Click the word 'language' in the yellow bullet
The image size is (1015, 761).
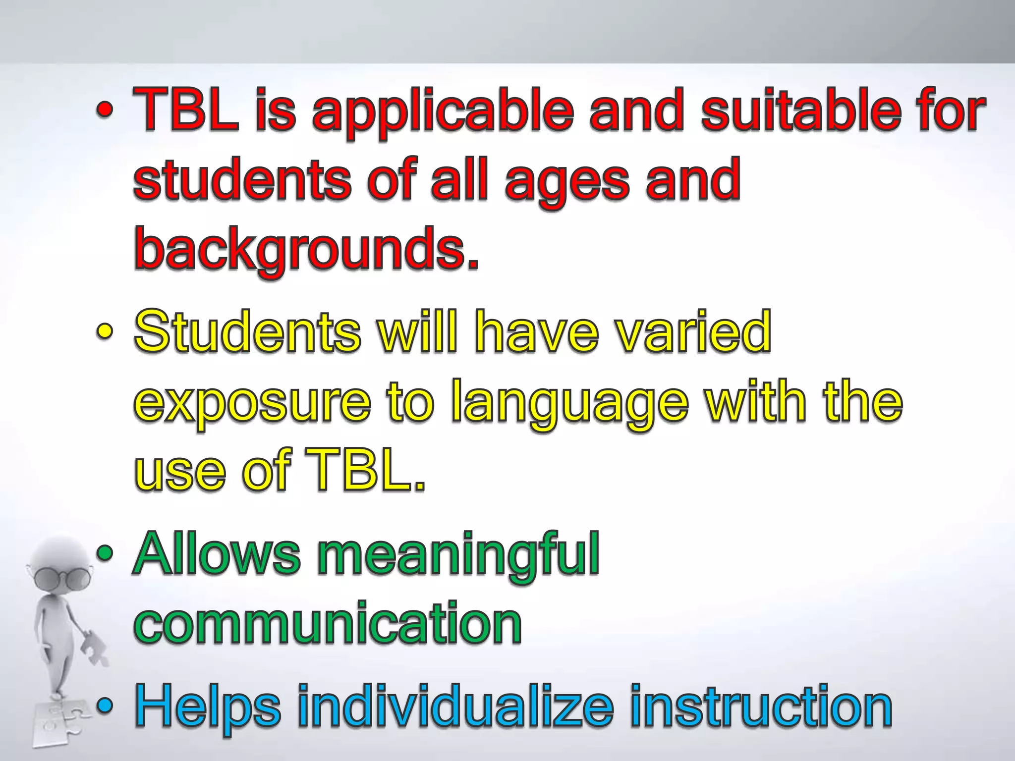pos(570,404)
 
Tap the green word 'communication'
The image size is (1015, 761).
pos(328,622)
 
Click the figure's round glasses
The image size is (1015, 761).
pos(62,577)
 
